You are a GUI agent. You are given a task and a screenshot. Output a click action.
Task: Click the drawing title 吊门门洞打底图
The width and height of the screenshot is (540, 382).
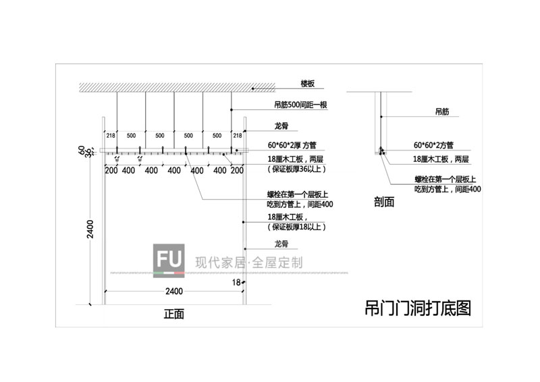tap(416, 308)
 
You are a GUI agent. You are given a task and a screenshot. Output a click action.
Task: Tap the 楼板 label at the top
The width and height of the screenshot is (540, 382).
tap(308, 84)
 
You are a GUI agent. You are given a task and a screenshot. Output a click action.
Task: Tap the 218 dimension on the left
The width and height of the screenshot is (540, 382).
tap(111, 136)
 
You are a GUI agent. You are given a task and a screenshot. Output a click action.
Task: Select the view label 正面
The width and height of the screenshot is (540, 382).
tap(173, 315)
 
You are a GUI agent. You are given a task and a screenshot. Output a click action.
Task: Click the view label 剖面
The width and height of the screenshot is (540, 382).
tap(384, 201)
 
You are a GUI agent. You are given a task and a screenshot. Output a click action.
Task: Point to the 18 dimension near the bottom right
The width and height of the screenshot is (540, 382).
tap(237, 281)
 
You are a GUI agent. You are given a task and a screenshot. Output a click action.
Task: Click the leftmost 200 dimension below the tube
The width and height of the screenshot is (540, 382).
tap(111, 171)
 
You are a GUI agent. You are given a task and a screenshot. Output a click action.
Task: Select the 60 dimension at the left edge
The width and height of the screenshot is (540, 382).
tap(80, 150)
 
